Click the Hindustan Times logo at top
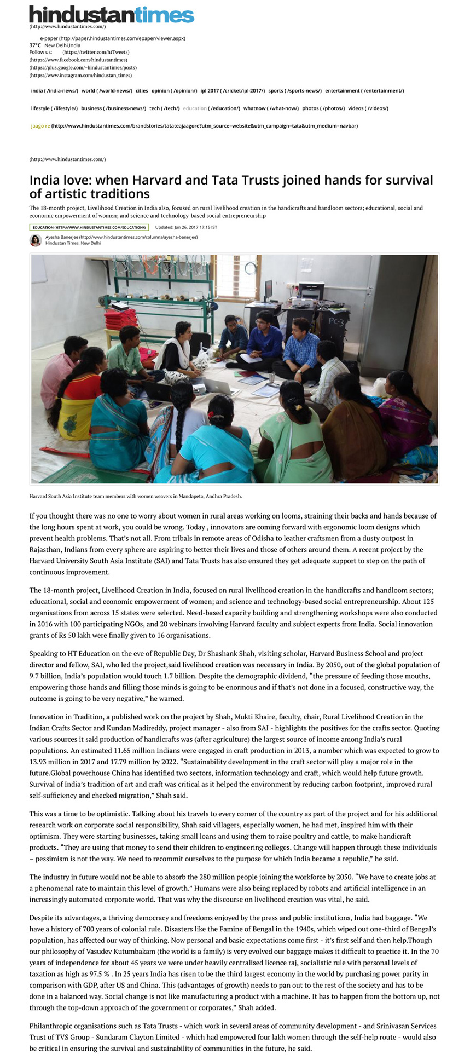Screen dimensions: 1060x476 tap(112, 14)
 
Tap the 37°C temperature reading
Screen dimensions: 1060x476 tap(35, 45)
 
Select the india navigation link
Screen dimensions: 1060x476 tap(37, 91)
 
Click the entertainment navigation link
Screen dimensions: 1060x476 tap(343, 91)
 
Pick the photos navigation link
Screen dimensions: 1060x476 tap(310, 108)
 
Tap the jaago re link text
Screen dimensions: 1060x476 tap(40, 126)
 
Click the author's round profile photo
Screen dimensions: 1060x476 tap(36, 240)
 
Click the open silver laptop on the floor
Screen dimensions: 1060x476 tap(217, 387)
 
